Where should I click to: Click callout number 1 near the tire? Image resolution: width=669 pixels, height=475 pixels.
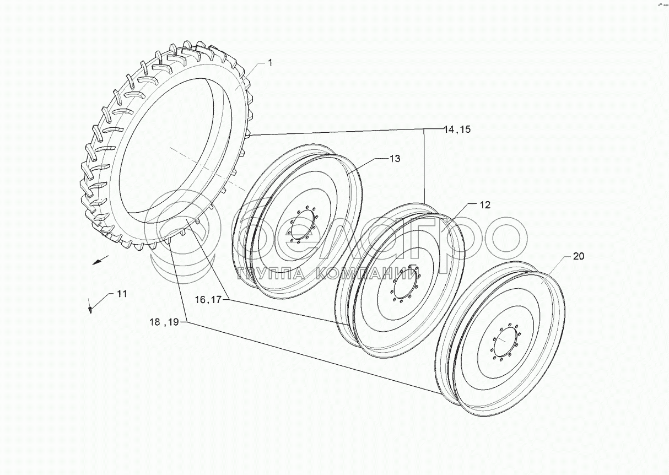270,63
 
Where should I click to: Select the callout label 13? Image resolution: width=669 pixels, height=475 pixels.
395,159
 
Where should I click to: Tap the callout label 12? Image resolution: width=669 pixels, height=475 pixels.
485,205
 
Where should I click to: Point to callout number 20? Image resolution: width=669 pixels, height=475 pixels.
579,256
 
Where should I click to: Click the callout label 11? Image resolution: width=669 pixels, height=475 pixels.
122,294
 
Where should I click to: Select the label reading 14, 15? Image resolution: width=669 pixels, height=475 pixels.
457,129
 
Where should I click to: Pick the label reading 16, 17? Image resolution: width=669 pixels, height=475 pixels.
208,299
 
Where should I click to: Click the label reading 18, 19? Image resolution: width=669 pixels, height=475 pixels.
164,322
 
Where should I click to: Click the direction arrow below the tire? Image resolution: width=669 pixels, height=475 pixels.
100,260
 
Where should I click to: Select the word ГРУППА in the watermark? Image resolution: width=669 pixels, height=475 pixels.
271,273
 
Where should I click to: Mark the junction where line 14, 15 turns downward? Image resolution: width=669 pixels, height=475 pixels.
424,129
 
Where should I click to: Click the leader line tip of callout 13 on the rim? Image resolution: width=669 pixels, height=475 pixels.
348,172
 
